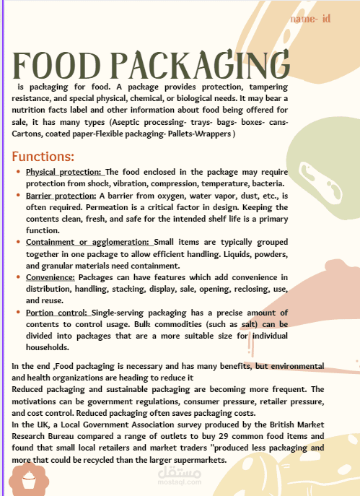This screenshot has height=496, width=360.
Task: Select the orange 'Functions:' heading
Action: point(43,156)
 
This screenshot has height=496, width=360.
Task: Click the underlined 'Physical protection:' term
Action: point(64,173)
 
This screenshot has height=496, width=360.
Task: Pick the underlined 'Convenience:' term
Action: point(50,277)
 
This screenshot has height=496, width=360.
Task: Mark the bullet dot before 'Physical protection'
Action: point(17,173)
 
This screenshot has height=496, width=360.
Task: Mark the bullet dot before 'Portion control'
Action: point(17,312)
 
